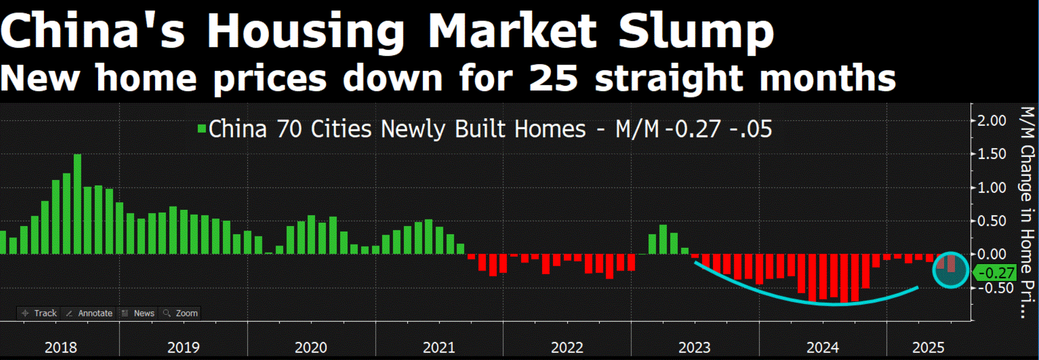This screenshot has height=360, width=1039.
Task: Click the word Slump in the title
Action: coord(696,31)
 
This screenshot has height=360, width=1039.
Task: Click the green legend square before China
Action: coord(202,129)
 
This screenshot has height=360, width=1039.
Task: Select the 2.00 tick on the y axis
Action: coord(991,120)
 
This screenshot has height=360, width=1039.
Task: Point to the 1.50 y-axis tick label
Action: coord(991,154)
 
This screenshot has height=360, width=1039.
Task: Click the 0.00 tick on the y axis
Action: coord(991,254)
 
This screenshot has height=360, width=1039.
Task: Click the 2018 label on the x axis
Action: coord(61,347)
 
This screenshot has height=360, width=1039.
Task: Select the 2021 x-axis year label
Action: coord(439,347)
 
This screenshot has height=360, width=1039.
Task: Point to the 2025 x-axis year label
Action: coord(928,347)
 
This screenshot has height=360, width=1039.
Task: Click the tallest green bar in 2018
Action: coord(78,204)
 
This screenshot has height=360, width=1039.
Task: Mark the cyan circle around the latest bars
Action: coord(951,269)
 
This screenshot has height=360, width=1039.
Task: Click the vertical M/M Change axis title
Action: coord(1027,211)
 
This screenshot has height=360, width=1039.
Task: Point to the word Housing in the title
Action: coord(306,31)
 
